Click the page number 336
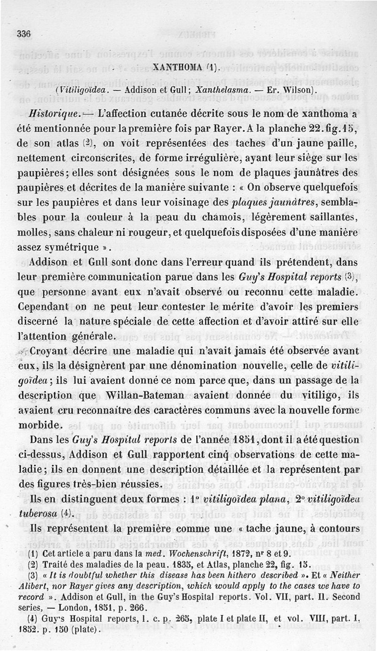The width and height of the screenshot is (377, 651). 24,33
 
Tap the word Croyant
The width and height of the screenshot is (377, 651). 52,351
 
